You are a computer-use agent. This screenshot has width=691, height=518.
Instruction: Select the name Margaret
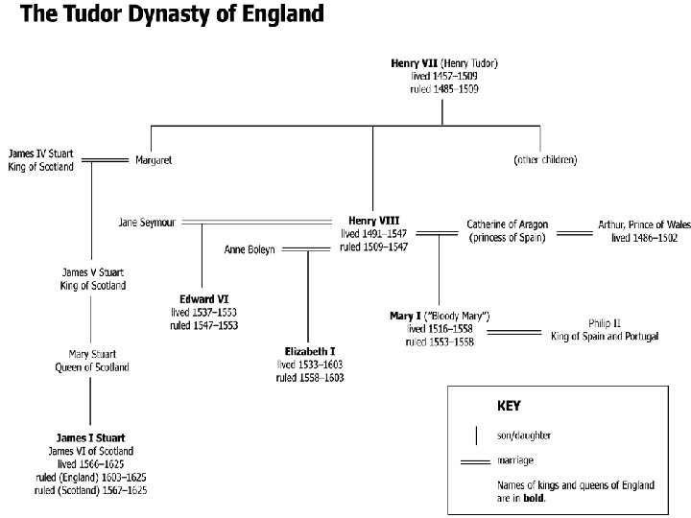[154, 159]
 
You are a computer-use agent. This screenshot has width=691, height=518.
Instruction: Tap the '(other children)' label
[545, 159]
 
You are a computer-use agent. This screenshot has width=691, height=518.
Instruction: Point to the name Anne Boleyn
[250, 249]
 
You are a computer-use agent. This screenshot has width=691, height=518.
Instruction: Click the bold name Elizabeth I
[309, 352]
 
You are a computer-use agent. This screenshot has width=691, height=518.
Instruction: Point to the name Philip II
[605, 323]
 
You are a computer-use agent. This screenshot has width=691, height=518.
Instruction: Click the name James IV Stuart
[40, 153]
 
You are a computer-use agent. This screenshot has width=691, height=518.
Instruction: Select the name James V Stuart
[90, 272]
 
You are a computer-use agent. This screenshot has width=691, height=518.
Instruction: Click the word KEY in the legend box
[509, 406]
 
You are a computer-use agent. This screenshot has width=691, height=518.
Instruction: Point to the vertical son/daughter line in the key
[477, 435]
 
